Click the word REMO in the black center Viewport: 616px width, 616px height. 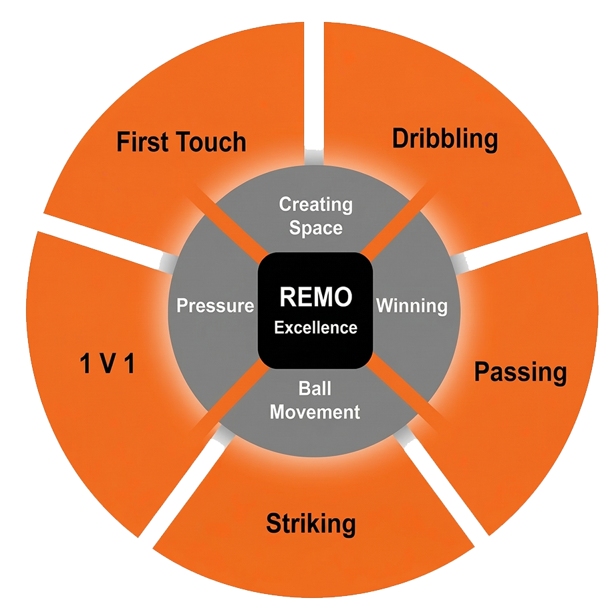315,297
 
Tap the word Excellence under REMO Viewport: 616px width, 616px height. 315,328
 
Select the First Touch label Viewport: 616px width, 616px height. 181,142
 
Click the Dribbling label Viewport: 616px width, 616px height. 445,139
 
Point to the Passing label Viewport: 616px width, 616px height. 520,373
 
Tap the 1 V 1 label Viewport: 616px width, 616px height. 107,365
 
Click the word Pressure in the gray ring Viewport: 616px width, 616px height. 215,306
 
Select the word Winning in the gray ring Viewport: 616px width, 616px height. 412,306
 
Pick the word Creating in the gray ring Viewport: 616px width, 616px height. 315,204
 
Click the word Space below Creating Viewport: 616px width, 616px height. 315,228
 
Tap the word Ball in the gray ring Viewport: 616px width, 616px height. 315,388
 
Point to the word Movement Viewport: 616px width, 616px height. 315,412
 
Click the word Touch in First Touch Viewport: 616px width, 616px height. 212,142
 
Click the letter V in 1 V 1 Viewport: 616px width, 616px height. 107,365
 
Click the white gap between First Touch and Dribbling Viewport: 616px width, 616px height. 315,80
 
